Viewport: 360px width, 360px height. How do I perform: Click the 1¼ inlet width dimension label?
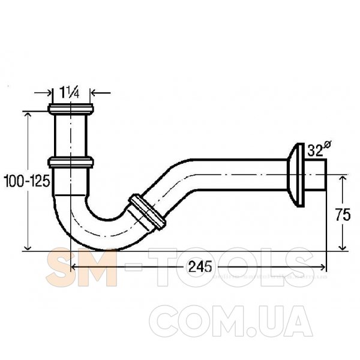pyautogui.click(x=70, y=92)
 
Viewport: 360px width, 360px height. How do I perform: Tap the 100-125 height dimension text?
pyautogui.click(x=27, y=181)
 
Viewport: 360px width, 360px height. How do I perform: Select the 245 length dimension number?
pyautogui.click(x=200, y=267)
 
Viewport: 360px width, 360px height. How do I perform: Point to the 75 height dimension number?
pyautogui.click(x=343, y=214)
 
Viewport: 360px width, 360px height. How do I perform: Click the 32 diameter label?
pyautogui.click(x=315, y=151)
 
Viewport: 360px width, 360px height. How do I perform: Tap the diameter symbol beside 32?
pyautogui.click(x=327, y=145)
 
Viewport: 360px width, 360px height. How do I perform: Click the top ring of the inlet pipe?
pyautogui.click(x=71, y=109)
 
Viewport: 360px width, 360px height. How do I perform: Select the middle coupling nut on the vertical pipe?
pyautogui.click(x=71, y=162)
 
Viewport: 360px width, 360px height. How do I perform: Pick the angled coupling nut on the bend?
pyautogui.click(x=147, y=212)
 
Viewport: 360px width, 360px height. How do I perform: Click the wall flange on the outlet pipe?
pyautogui.click(x=296, y=175)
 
